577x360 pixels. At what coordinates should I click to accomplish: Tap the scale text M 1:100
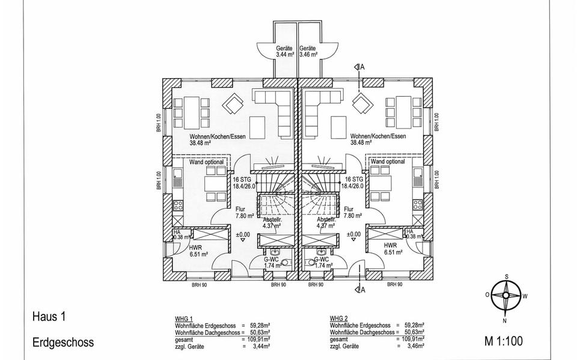click(x=503, y=342)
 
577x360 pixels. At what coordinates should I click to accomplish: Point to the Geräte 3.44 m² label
click(x=284, y=51)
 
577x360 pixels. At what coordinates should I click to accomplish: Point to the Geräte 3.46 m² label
click(x=308, y=51)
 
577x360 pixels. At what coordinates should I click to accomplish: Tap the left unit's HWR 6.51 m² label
click(x=199, y=251)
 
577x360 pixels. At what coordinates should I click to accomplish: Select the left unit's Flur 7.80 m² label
click(x=245, y=212)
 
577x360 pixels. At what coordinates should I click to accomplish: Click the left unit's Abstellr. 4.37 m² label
click(x=272, y=223)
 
